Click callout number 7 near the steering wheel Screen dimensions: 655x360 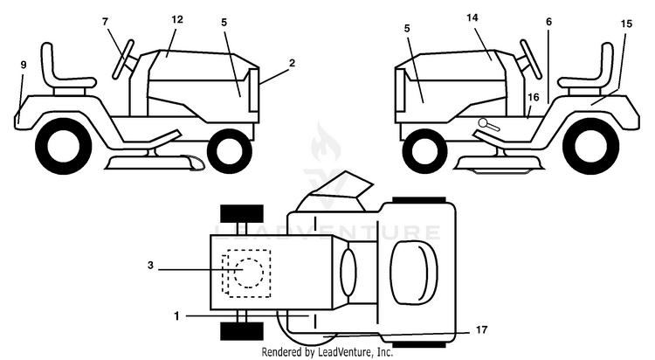(x=106, y=21)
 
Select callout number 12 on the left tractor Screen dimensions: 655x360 (x=177, y=19)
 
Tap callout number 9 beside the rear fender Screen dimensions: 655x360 (x=24, y=65)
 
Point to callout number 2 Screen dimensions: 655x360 (x=292, y=63)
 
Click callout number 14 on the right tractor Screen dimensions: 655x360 (x=472, y=17)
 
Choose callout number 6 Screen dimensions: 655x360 (x=548, y=22)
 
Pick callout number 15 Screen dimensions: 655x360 (x=626, y=24)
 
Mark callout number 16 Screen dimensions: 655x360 (x=534, y=97)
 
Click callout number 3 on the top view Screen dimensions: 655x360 (x=150, y=265)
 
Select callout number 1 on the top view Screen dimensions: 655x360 (x=176, y=316)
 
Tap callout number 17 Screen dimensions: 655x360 (x=481, y=330)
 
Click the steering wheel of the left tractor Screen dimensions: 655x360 (x=123, y=59)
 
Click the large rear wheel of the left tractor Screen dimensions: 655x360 (x=64, y=146)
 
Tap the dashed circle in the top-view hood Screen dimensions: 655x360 (x=249, y=273)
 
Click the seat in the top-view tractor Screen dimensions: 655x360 (x=414, y=272)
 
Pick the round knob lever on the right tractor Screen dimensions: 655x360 (x=488, y=124)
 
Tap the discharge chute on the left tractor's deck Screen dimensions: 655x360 (x=193, y=163)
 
